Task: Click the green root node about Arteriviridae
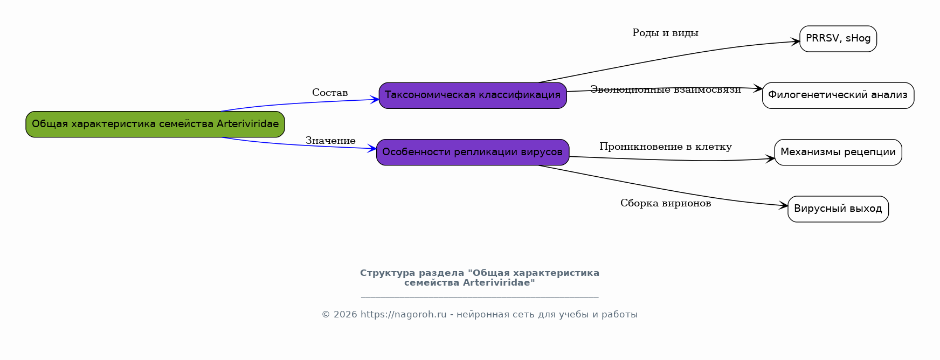tap(155, 124)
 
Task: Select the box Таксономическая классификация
tap(473, 95)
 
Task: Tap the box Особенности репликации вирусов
tap(473, 153)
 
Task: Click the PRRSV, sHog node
tap(838, 39)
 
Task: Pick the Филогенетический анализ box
tap(838, 95)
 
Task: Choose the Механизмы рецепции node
tap(838, 153)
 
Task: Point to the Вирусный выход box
tap(838, 209)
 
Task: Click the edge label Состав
tap(330, 93)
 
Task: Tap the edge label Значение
tap(330, 141)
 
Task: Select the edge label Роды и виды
tap(665, 33)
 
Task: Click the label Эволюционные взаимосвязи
tap(665, 89)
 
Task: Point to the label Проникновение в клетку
tap(665, 147)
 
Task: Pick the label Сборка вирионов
tap(665, 203)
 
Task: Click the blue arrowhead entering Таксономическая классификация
tap(375, 100)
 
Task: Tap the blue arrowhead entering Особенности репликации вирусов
tap(372, 148)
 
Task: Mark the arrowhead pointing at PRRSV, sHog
tap(796, 41)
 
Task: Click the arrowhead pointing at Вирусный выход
tap(784, 205)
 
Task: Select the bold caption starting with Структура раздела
tap(479, 278)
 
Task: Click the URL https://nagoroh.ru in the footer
tap(403, 315)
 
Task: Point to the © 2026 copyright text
tap(339, 315)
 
